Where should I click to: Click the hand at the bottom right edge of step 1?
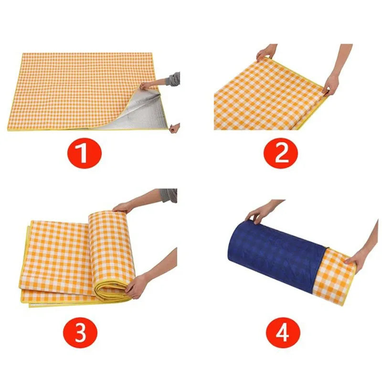click(175, 127)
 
